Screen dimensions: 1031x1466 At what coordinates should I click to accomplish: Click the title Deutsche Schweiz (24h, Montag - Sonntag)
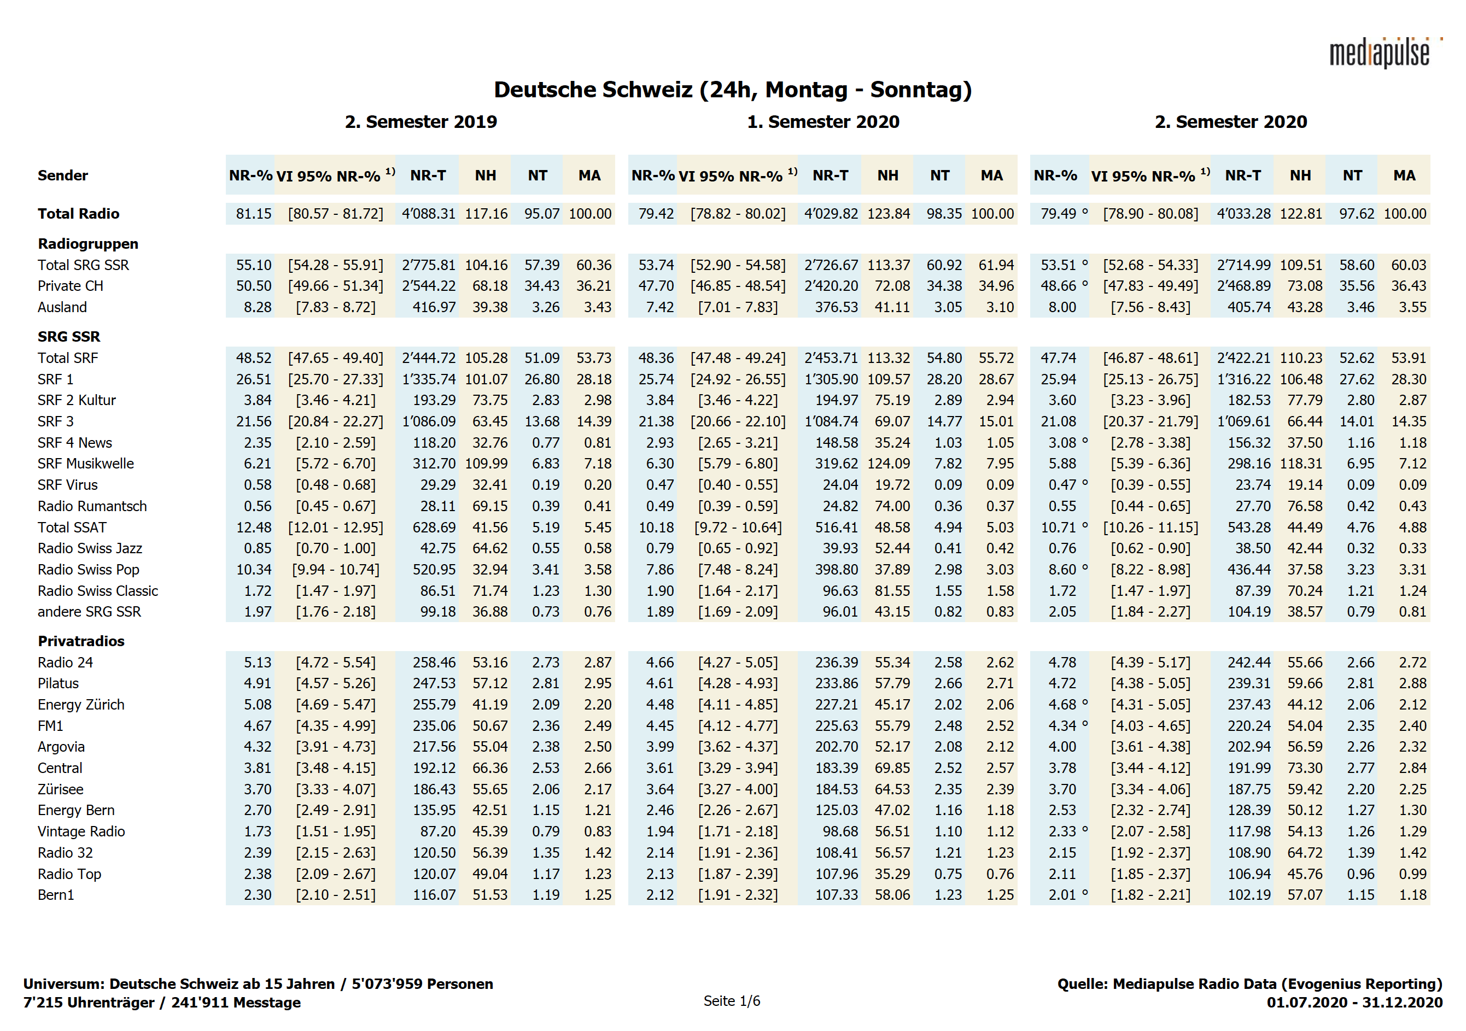pos(732,89)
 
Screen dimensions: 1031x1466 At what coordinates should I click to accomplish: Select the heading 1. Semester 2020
pos(822,121)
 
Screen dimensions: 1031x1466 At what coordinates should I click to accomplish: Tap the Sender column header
pos(62,175)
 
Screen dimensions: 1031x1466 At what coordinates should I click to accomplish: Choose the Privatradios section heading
pos(80,641)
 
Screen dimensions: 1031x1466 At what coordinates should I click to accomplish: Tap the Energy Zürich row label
pos(80,704)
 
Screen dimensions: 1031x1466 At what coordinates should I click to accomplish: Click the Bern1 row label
pos(56,894)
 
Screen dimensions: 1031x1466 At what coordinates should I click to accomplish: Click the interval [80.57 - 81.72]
pos(335,214)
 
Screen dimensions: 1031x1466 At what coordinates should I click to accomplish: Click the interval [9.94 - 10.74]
pos(335,570)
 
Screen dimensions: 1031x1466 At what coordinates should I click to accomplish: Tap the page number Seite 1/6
pos(732,1001)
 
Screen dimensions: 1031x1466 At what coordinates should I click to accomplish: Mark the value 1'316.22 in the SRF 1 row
pos(1243,379)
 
